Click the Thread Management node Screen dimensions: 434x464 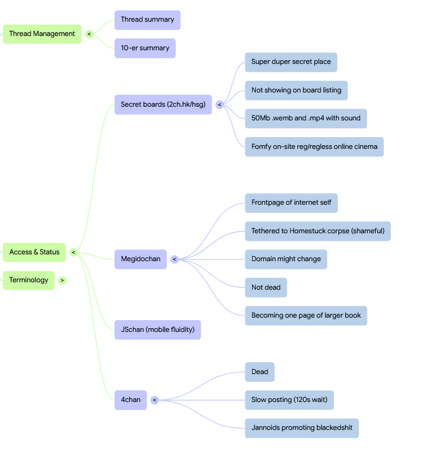coord(42,34)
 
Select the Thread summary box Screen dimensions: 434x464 coord(148,20)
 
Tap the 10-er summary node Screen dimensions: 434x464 coord(145,48)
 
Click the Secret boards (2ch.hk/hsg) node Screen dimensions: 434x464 coord(163,104)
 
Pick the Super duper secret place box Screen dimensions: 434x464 coord(291,62)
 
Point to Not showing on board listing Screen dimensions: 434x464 coord(296,90)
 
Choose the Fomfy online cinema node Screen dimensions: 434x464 coord(314,147)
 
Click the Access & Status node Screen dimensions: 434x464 coord(34,252)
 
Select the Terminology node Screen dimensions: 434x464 coord(29,280)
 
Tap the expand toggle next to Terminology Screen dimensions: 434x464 coord(62,280)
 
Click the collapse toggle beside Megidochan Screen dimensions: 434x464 coord(174,259)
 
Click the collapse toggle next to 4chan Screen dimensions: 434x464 coord(155,400)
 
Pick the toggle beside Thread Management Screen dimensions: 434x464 coord(89,34)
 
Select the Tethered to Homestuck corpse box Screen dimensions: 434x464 coord(318,231)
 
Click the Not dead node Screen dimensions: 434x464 coord(266,287)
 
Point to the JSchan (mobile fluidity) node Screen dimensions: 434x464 coord(158,329)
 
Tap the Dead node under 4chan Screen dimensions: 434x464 coord(260,372)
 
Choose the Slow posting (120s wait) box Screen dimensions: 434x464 coord(289,400)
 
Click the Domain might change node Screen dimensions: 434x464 coord(286,259)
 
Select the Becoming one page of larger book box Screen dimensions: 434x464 coord(306,316)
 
